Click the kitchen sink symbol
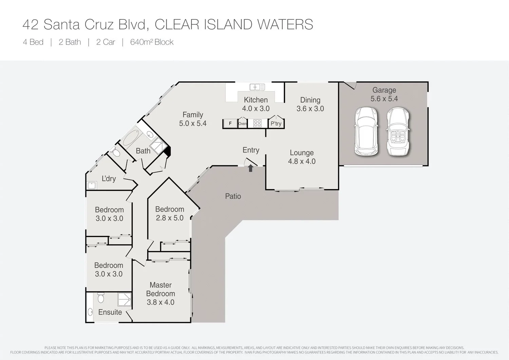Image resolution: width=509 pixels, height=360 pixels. point(257,87)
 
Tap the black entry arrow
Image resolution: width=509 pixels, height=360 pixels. point(250,168)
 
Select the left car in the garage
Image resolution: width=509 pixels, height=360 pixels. point(366,131)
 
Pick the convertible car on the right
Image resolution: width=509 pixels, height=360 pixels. point(398,131)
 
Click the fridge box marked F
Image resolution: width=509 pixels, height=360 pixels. point(230,123)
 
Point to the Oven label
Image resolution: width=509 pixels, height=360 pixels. point(242,124)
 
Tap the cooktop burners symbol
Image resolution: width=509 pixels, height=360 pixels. point(257,123)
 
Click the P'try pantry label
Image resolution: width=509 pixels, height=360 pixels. point(276,124)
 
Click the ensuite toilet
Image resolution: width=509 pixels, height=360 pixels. point(100,298)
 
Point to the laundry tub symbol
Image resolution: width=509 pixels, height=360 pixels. point(92,185)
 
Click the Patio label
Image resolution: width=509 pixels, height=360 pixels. point(233,196)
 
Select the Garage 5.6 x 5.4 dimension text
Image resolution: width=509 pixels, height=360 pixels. point(384,99)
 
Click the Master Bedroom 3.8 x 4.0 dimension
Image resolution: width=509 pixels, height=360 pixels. point(161,302)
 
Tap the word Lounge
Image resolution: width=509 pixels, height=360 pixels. point(302,153)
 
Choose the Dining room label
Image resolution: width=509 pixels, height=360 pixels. point(310,100)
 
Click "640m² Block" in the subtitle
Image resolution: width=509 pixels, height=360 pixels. point(152,42)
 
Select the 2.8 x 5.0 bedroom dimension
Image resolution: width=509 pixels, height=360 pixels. point(170,218)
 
